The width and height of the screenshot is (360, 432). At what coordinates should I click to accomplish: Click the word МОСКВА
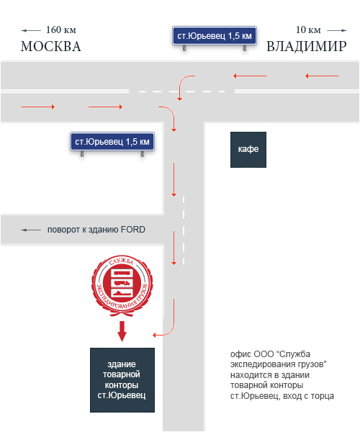(x=51, y=46)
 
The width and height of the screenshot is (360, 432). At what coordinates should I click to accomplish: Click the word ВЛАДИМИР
(x=306, y=46)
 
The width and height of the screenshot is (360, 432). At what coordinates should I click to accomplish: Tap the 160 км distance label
(x=61, y=30)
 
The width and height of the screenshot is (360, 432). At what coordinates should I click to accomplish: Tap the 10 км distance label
(x=308, y=30)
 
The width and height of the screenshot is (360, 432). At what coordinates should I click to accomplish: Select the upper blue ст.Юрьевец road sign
(x=215, y=36)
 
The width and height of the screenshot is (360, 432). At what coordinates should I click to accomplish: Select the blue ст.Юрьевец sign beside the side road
(x=112, y=142)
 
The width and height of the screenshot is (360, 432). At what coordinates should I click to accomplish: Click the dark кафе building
(x=248, y=150)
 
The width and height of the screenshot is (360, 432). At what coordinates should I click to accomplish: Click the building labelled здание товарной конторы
(x=122, y=380)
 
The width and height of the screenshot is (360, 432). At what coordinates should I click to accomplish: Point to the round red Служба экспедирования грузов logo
(x=122, y=285)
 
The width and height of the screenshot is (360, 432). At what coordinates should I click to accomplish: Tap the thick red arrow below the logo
(x=122, y=331)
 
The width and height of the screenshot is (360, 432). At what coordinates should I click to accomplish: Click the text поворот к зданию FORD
(x=96, y=230)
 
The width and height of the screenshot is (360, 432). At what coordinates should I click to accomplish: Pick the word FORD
(x=133, y=229)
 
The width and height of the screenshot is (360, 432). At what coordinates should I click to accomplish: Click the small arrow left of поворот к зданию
(x=31, y=230)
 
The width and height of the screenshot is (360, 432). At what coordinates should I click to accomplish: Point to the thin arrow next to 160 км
(x=31, y=30)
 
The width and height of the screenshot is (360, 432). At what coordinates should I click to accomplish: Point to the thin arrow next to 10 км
(x=337, y=30)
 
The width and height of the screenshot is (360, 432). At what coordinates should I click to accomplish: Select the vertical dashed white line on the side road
(x=184, y=231)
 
